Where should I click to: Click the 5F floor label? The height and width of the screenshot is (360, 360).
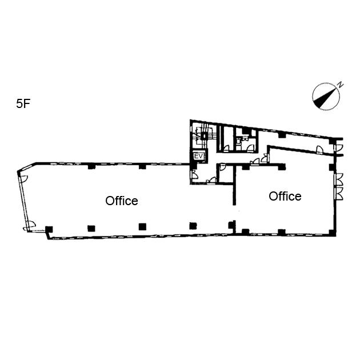(23, 103)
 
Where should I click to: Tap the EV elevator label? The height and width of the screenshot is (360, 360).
(199, 157)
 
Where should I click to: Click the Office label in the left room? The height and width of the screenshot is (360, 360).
(122, 201)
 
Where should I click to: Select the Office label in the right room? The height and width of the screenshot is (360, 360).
(285, 197)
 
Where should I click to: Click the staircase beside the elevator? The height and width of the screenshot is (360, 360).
(203, 136)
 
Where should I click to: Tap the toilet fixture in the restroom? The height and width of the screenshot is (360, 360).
(239, 141)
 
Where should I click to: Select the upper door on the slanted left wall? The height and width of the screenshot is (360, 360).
(23, 178)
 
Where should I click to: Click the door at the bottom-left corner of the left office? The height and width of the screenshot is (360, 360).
(30, 226)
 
